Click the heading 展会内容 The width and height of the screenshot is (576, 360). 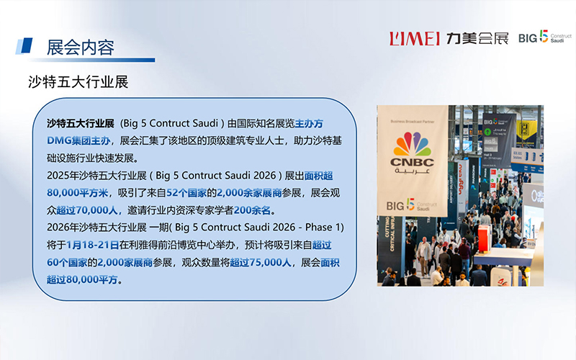80,48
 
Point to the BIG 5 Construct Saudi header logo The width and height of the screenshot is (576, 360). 543,38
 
